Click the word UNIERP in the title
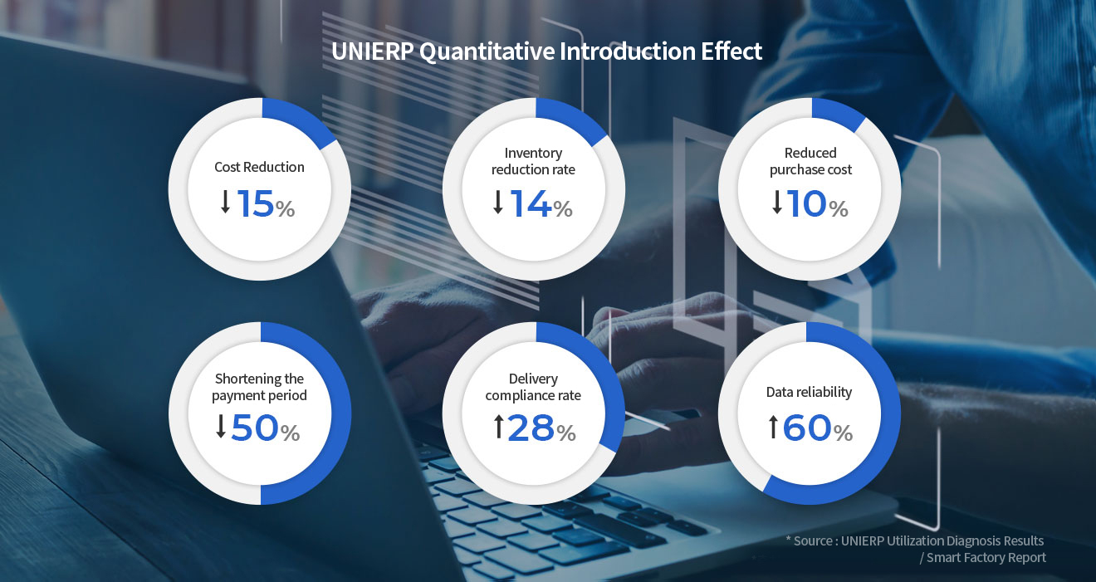tap(372, 51)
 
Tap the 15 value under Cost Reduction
tap(256, 203)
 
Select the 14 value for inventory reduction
tap(531, 203)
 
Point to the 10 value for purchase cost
tap(807, 203)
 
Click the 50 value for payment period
tap(254, 428)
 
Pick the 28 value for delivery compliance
tap(531, 428)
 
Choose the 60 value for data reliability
tap(807, 428)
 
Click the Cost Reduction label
tap(259, 167)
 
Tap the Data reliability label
tap(809, 392)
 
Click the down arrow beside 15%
tap(225, 202)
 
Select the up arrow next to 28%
tap(498, 427)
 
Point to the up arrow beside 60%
tap(773, 427)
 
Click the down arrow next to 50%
tap(221, 426)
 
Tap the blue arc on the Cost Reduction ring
tap(301, 120)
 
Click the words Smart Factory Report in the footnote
tap(986, 558)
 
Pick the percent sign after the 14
tap(563, 209)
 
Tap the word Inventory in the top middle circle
tap(533, 153)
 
